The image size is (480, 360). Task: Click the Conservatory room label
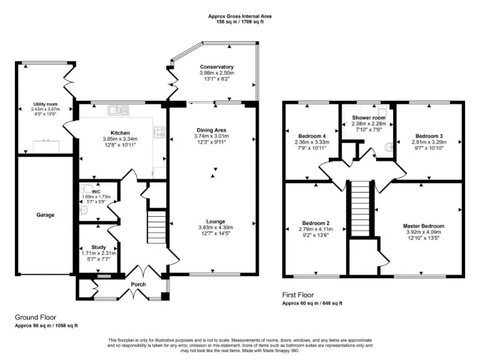[x=217, y=67]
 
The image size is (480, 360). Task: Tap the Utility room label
[x=46, y=104]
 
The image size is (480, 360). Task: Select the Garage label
[x=46, y=215]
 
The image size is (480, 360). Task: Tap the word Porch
[x=137, y=285]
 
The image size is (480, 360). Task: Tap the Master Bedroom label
[x=423, y=226]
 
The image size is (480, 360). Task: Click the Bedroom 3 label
[x=429, y=136]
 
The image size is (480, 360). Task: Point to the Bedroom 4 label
[x=311, y=135]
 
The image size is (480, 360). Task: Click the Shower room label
[x=368, y=117]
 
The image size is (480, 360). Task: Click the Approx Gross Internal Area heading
[x=240, y=16]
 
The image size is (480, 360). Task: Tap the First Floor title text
[x=297, y=295]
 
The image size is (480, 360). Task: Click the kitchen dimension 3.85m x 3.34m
[x=120, y=139]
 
